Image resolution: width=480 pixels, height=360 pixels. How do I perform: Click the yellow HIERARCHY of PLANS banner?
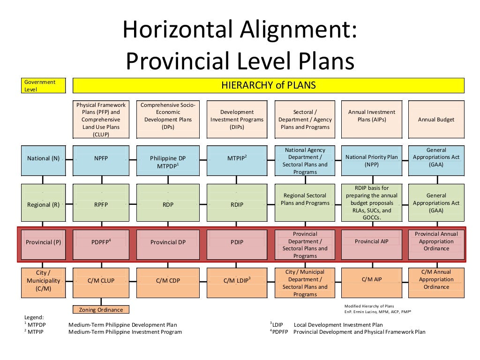point(269,85)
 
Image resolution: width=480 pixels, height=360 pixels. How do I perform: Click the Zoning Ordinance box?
point(101,309)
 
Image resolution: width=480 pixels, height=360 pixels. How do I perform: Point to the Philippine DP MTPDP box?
point(168,160)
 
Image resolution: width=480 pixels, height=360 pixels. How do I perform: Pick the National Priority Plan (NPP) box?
point(372,160)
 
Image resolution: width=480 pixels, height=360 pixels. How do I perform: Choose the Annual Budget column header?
point(436,120)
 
